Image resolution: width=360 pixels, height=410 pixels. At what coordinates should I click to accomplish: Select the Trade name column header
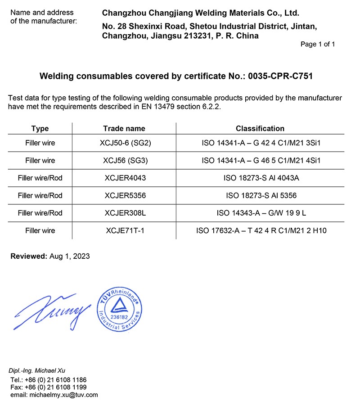click(124, 129)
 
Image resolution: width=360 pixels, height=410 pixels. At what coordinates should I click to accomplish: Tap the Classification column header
click(260, 129)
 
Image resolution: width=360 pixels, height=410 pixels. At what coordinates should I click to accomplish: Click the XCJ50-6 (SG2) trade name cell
click(125, 143)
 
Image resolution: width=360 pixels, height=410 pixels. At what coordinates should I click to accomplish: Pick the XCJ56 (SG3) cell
click(125, 161)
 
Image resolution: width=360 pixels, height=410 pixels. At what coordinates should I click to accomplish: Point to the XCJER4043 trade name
click(125, 178)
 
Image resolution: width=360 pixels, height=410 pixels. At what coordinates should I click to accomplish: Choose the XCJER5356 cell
click(125, 196)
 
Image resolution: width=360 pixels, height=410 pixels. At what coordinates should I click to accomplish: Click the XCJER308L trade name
click(125, 213)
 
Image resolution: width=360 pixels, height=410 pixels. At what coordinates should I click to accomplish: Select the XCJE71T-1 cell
click(125, 231)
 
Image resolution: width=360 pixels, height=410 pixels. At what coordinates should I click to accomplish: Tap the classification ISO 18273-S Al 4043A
click(261, 178)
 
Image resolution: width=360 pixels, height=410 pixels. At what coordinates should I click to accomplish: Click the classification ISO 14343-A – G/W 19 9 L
click(261, 213)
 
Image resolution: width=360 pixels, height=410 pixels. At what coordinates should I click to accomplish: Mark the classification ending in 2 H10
click(261, 231)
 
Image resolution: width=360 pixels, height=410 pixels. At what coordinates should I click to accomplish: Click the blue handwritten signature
click(49, 311)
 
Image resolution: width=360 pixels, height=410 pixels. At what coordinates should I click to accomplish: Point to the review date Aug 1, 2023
click(68, 257)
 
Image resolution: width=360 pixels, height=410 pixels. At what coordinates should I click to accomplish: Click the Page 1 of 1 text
click(318, 45)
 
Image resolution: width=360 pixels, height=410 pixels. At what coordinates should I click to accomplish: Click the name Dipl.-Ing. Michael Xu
click(37, 370)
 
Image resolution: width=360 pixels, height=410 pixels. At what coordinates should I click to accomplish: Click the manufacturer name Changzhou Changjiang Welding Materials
click(200, 14)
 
